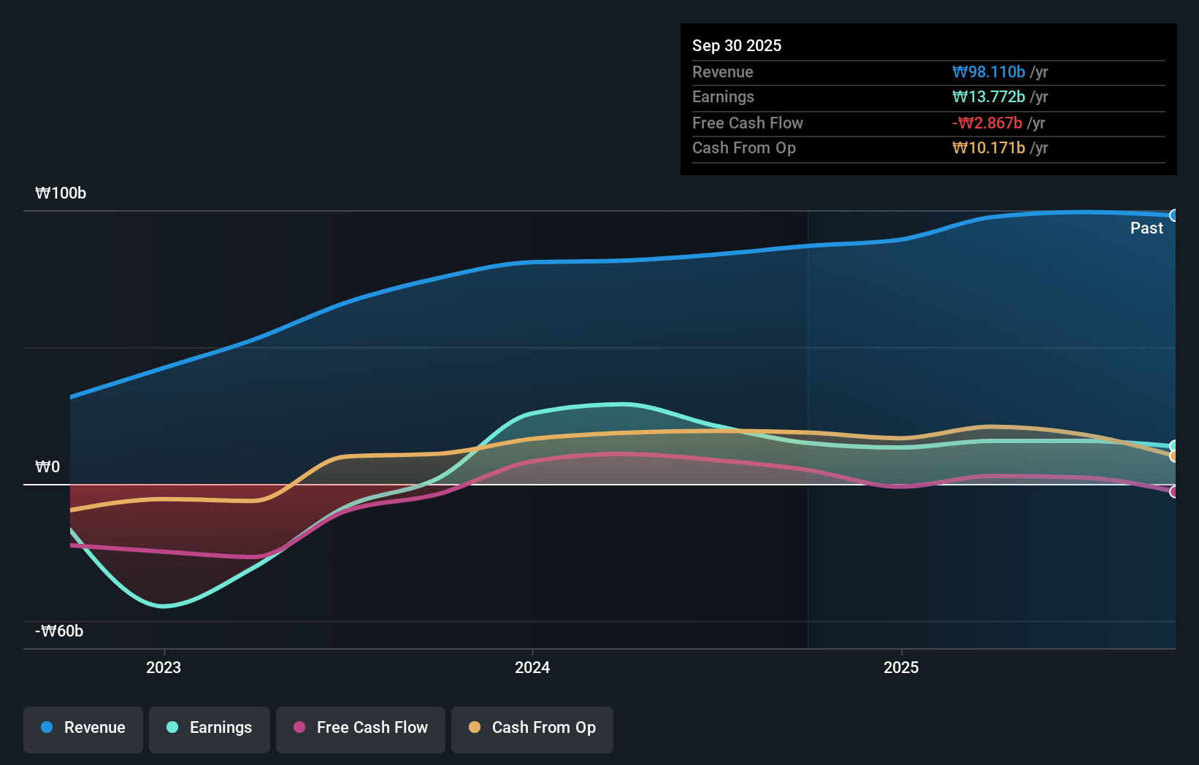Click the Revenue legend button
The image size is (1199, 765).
pyautogui.click(x=83, y=729)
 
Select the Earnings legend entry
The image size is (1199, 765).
pyautogui.click(x=210, y=729)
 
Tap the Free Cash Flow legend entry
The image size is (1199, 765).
pyautogui.click(x=361, y=729)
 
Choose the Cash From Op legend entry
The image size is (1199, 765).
pyautogui.click(x=532, y=729)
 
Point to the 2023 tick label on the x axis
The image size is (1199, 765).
pyautogui.click(x=164, y=668)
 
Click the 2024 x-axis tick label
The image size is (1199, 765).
pyautogui.click(x=532, y=668)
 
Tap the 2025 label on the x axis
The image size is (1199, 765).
pyautogui.click(x=901, y=668)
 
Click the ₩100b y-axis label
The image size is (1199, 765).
pyautogui.click(x=61, y=193)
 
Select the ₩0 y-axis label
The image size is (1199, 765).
pyautogui.click(x=47, y=467)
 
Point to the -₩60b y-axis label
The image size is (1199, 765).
pyautogui.click(x=59, y=631)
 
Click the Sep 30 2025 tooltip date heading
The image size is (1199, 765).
pyautogui.click(x=737, y=46)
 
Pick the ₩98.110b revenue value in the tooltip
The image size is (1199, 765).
pyautogui.click(x=989, y=72)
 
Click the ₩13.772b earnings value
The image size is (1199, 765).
pyautogui.click(x=989, y=97)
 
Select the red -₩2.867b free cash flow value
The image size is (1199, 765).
pyautogui.click(x=987, y=123)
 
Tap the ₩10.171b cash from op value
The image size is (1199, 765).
pyautogui.click(x=989, y=148)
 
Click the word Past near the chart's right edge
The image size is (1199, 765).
pyautogui.click(x=1146, y=228)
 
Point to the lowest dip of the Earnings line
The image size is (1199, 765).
pyautogui.click(x=164, y=606)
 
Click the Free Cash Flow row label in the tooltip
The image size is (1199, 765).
pyautogui.click(x=748, y=123)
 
